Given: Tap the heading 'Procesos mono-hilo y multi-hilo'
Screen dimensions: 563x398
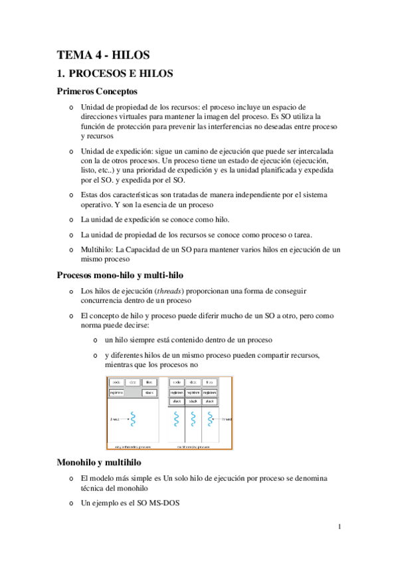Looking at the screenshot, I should pos(120,274).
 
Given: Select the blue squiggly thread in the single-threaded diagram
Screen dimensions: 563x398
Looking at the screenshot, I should pos(133,419).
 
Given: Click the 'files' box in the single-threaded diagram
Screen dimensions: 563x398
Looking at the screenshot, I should pos(149,382).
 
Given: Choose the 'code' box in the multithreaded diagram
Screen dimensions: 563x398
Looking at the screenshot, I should pos(177,382).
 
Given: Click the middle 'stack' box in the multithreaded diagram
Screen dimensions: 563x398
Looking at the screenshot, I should pos(193,401).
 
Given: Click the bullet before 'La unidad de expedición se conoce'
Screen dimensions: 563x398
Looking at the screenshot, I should pos(71,218).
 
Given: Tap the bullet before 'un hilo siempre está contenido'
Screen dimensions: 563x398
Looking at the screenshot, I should pos(96,339).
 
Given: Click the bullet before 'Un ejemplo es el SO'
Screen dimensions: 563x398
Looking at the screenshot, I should pos(71,505).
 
